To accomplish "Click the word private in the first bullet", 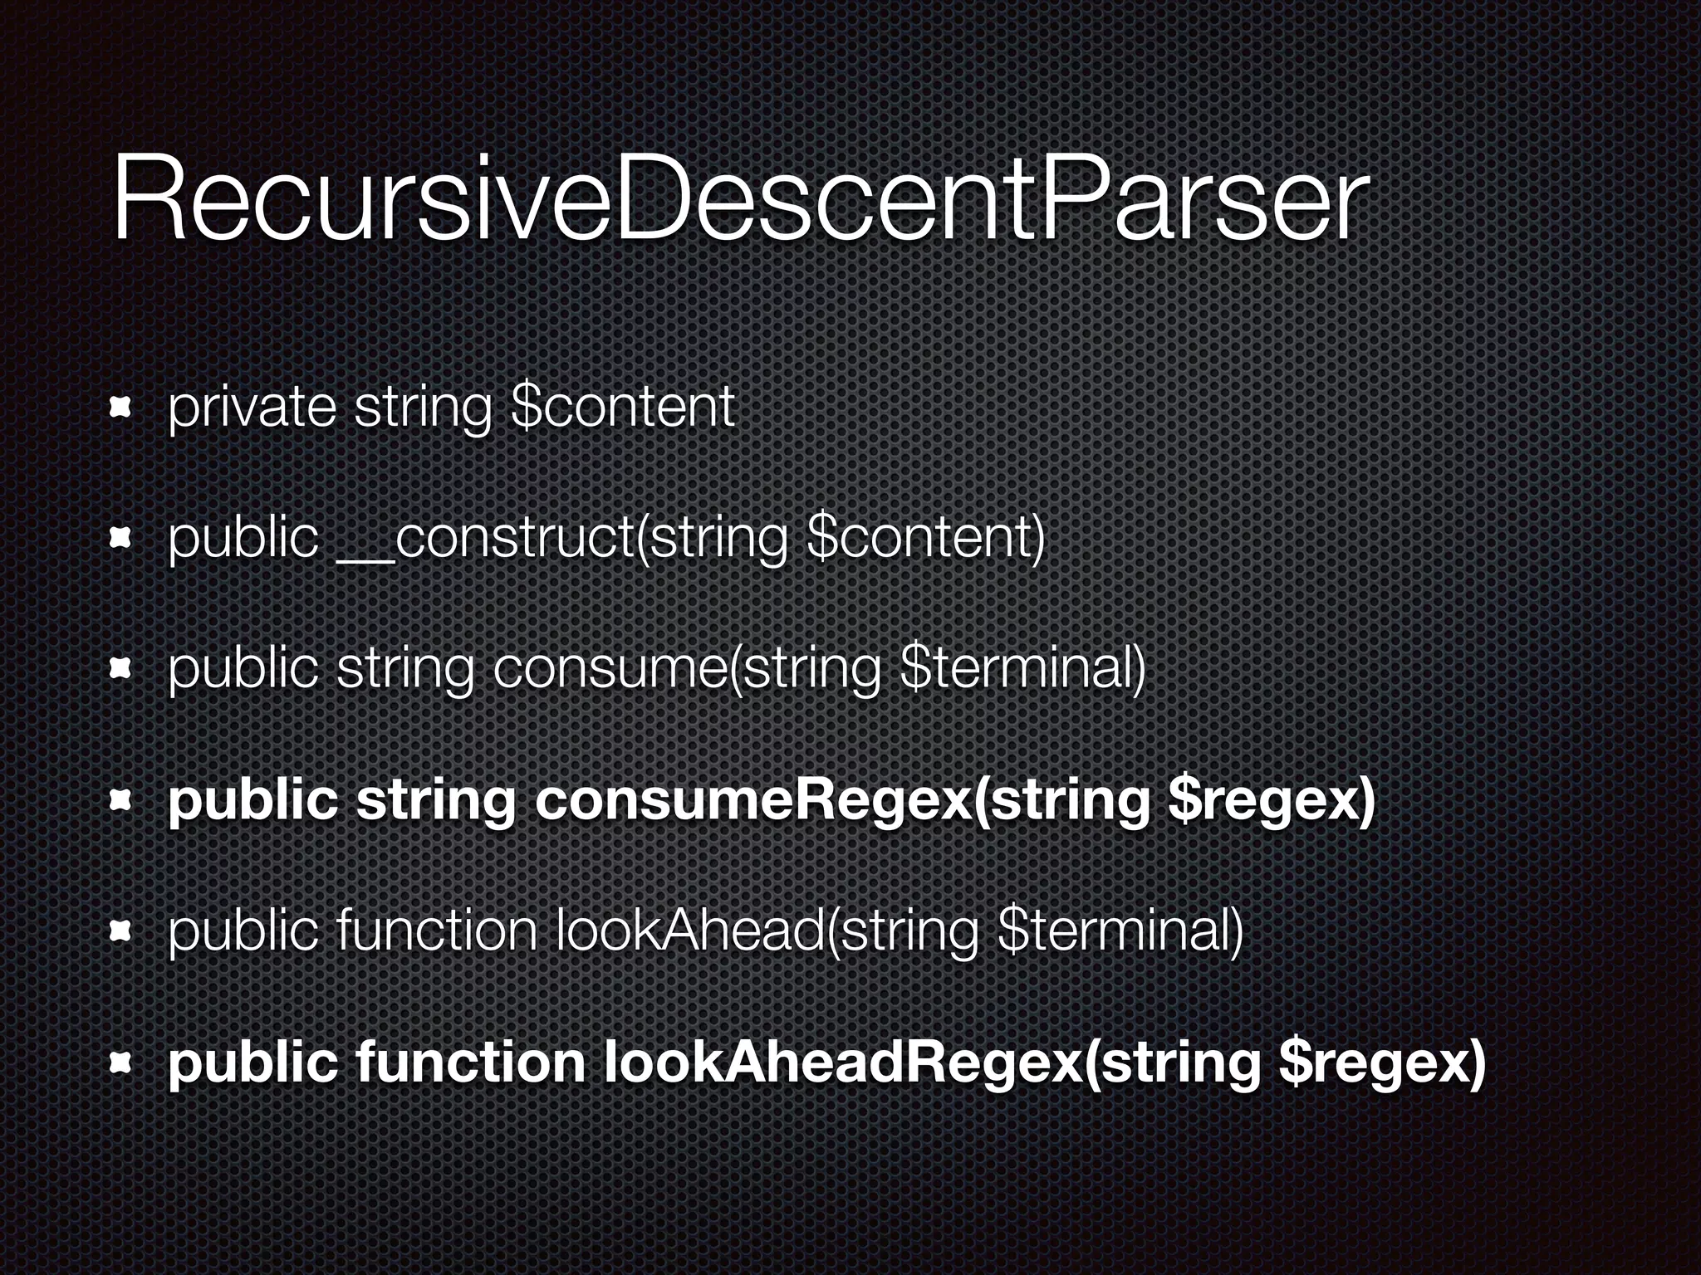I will pos(252,407).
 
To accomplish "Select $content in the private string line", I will pos(624,407).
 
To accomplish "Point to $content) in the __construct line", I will pos(925,538).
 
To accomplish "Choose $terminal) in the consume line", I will pos(1023,669).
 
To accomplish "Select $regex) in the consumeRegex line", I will pos(1271,800).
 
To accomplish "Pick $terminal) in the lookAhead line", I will pos(1120,931).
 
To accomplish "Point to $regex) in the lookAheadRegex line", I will pos(1381,1062).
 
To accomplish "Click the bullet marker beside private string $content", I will pos(121,408).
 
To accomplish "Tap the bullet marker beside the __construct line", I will pos(121,539).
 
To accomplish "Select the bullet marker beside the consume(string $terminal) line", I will pos(121,670).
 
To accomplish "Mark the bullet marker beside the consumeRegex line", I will pos(121,801).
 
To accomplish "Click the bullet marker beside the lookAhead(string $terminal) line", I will pos(121,932).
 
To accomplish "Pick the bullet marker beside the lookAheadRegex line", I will pos(121,1063).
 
